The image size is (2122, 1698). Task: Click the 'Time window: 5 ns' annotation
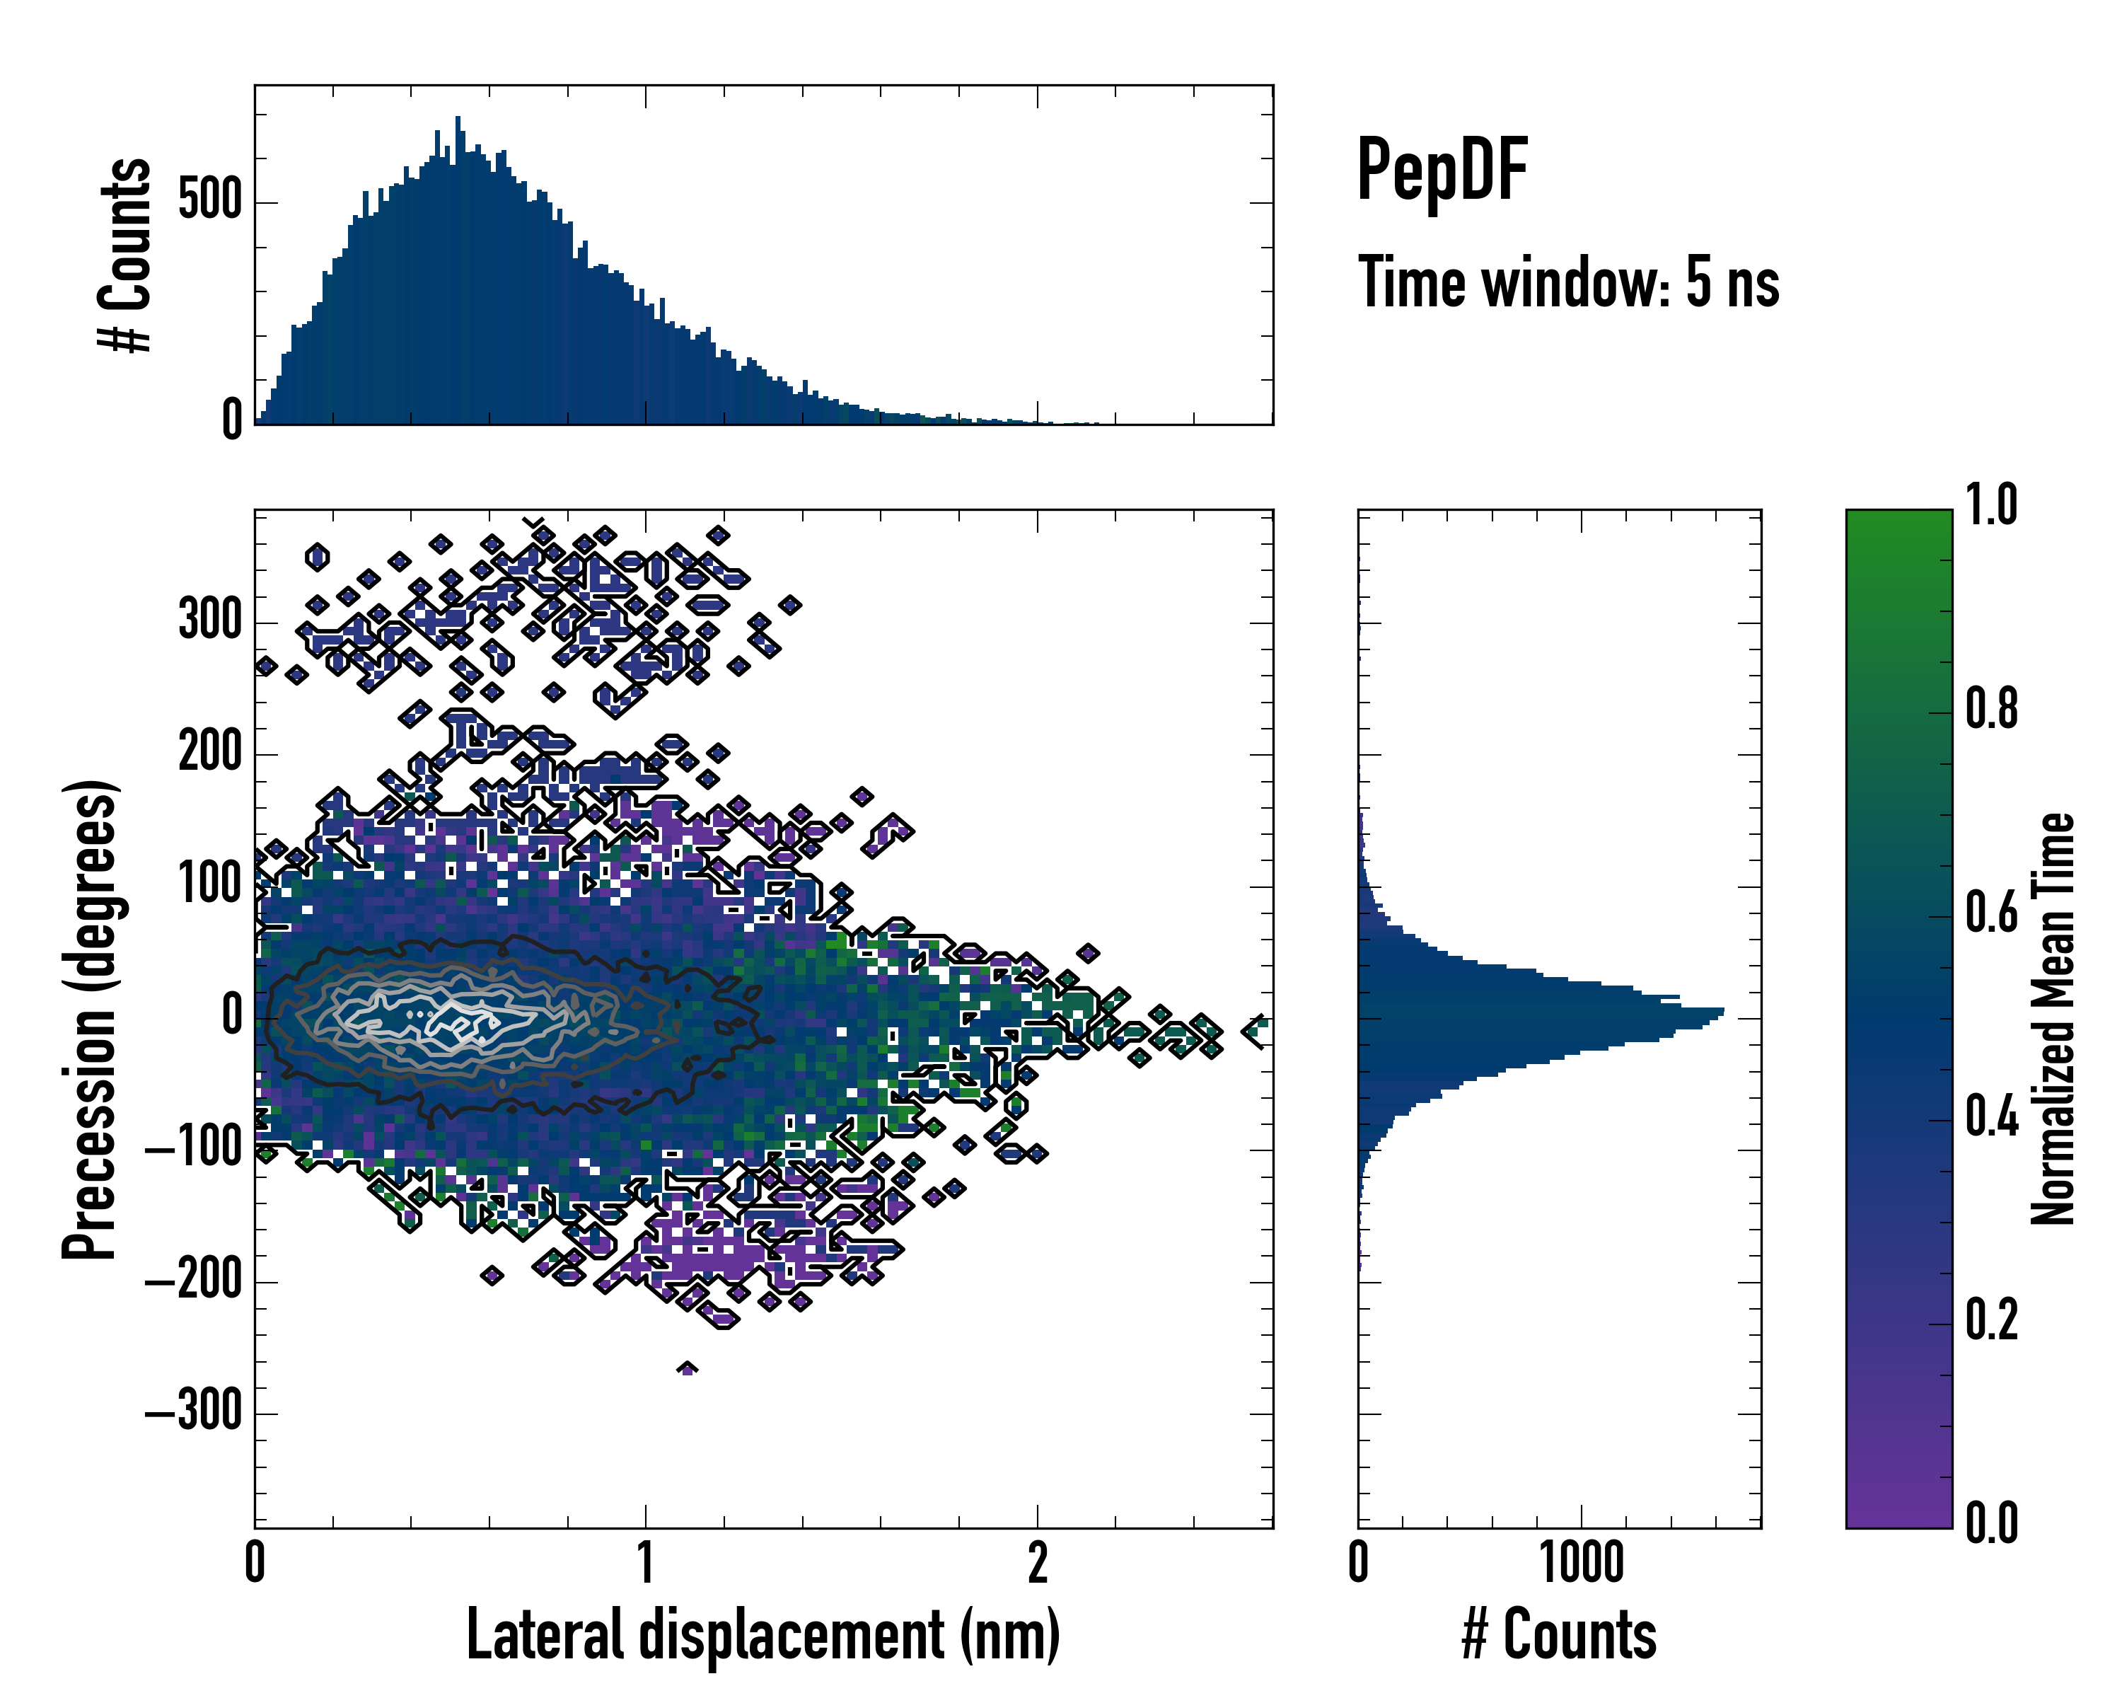(x=1568, y=282)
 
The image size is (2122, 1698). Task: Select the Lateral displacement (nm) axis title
(x=763, y=1634)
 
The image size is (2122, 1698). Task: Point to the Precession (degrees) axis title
(x=91, y=1019)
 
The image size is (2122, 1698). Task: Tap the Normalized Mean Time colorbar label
(x=2053, y=1019)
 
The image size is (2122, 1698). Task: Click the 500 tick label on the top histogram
(x=209, y=202)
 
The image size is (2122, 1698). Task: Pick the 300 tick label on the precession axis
(x=209, y=621)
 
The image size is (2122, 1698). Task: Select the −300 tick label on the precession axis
(x=193, y=1413)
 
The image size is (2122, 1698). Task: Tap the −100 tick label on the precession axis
(x=193, y=1149)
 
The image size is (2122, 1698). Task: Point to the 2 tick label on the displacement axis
(x=1038, y=1563)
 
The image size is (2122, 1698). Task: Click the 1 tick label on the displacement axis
(x=646, y=1563)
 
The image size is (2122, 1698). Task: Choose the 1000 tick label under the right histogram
(x=1581, y=1563)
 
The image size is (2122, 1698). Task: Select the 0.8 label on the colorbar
(x=1991, y=709)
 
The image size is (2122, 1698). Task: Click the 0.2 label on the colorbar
(x=1991, y=1320)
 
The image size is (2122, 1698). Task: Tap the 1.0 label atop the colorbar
(x=1991, y=506)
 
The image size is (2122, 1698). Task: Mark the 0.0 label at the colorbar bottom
(x=1991, y=1523)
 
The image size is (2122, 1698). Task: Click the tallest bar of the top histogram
(x=458, y=271)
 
